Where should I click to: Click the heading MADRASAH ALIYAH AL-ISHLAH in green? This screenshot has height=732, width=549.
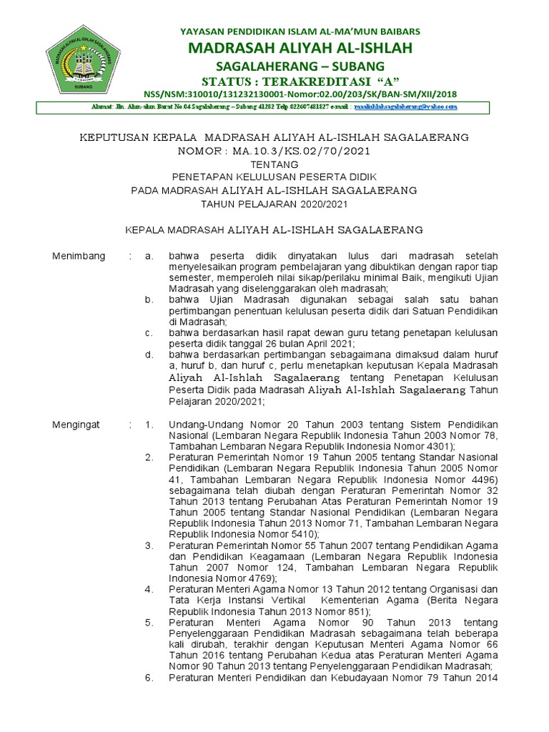click(x=300, y=48)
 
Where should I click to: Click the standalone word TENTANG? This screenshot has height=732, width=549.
click(x=274, y=164)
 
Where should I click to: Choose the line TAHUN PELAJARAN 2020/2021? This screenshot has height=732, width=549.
click(x=274, y=204)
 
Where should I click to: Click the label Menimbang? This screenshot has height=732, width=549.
click(x=79, y=256)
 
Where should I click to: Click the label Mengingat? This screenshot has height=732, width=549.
click(x=76, y=425)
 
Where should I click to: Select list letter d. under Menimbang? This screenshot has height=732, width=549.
click(x=149, y=354)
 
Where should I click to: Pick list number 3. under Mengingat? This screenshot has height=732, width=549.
click(x=149, y=545)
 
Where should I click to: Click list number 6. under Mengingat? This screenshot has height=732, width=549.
click(x=149, y=678)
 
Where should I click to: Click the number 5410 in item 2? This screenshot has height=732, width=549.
click(x=302, y=534)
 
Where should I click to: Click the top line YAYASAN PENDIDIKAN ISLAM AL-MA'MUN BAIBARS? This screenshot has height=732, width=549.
click(x=300, y=31)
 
